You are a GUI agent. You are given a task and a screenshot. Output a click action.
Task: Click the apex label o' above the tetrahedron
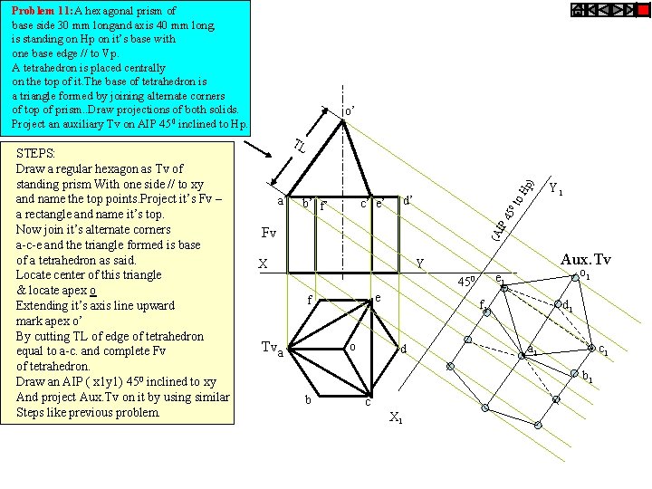click(x=349, y=112)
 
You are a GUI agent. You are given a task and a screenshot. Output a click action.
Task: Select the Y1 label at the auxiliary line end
click(x=555, y=191)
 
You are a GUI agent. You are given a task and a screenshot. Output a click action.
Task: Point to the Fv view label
click(x=268, y=234)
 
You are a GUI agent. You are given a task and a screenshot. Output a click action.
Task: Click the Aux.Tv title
click(x=585, y=261)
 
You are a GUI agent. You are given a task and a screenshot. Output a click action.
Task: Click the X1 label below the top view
click(x=395, y=417)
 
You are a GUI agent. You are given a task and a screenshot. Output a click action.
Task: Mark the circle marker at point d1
click(x=557, y=304)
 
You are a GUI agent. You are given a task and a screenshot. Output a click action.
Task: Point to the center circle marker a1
click(x=522, y=357)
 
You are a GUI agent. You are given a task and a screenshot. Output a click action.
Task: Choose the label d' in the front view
click(x=407, y=201)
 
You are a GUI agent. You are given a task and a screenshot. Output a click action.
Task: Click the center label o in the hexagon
click(x=352, y=346)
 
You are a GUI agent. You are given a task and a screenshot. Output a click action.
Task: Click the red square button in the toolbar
click(x=578, y=10)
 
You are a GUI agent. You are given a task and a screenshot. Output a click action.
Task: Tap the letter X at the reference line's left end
click(x=263, y=264)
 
